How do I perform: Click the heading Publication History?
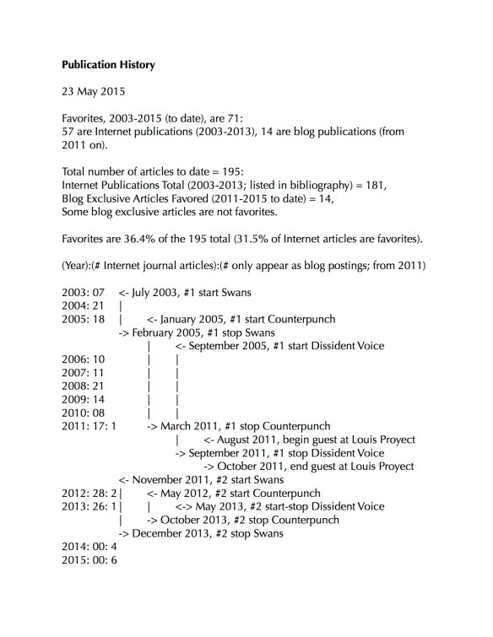pos(109,63)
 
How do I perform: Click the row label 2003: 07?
pos(83,292)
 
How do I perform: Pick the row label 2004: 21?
pos(83,305)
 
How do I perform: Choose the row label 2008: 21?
pos(83,386)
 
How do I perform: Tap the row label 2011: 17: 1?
pos(89,426)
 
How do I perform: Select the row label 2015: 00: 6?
pos(89,560)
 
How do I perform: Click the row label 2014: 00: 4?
pos(89,547)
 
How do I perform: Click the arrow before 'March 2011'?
pos(153,426)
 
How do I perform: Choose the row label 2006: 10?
pos(83,359)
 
